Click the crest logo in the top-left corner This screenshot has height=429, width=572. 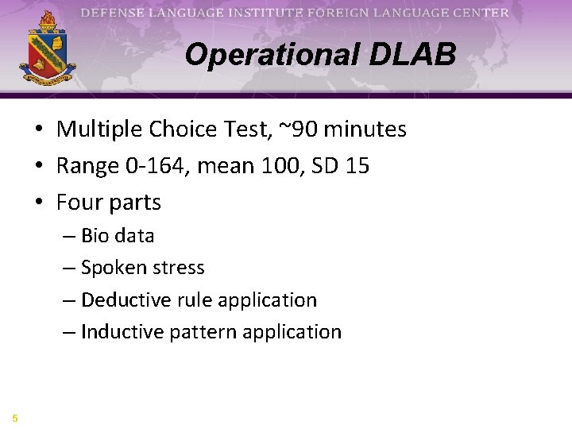[47, 47]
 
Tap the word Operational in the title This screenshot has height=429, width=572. [271, 55]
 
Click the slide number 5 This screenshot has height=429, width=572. [14, 418]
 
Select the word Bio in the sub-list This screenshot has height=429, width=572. [95, 236]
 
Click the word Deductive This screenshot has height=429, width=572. [121, 300]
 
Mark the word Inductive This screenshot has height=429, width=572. [118, 332]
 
